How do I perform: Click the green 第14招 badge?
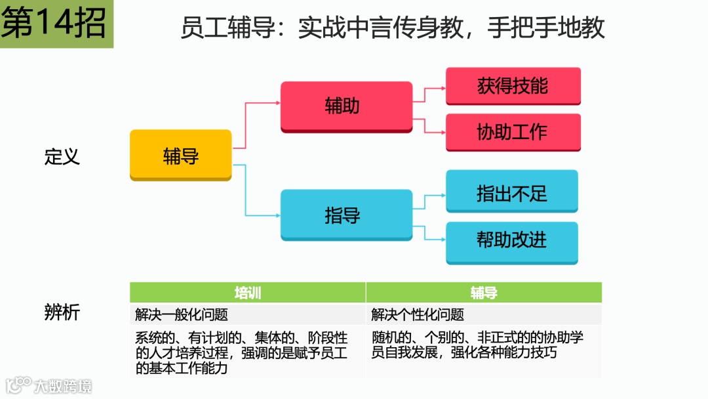click(x=56, y=24)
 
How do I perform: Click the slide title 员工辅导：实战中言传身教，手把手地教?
click(x=392, y=28)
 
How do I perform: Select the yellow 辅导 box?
click(x=180, y=156)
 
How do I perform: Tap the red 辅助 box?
click(x=346, y=106)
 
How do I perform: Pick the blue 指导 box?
click(x=346, y=215)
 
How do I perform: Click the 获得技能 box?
click(x=513, y=86)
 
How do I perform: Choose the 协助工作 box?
click(x=513, y=132)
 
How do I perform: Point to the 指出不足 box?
click(x=511, y=192)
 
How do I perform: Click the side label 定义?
click(x=62, y=157)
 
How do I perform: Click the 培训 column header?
click(x=248, y=293)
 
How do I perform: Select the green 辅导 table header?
click(x=484, y=293)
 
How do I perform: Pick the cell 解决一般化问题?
click(x=182, y=314)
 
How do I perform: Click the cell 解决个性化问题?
click(x=418, y=314)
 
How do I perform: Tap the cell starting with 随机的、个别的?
click(x=477, y=345)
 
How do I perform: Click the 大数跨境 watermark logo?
click(x=49, y=385)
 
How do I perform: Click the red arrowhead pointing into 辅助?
click(x=277, y=102)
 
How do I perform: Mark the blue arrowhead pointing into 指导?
click(x=277, y=215)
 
